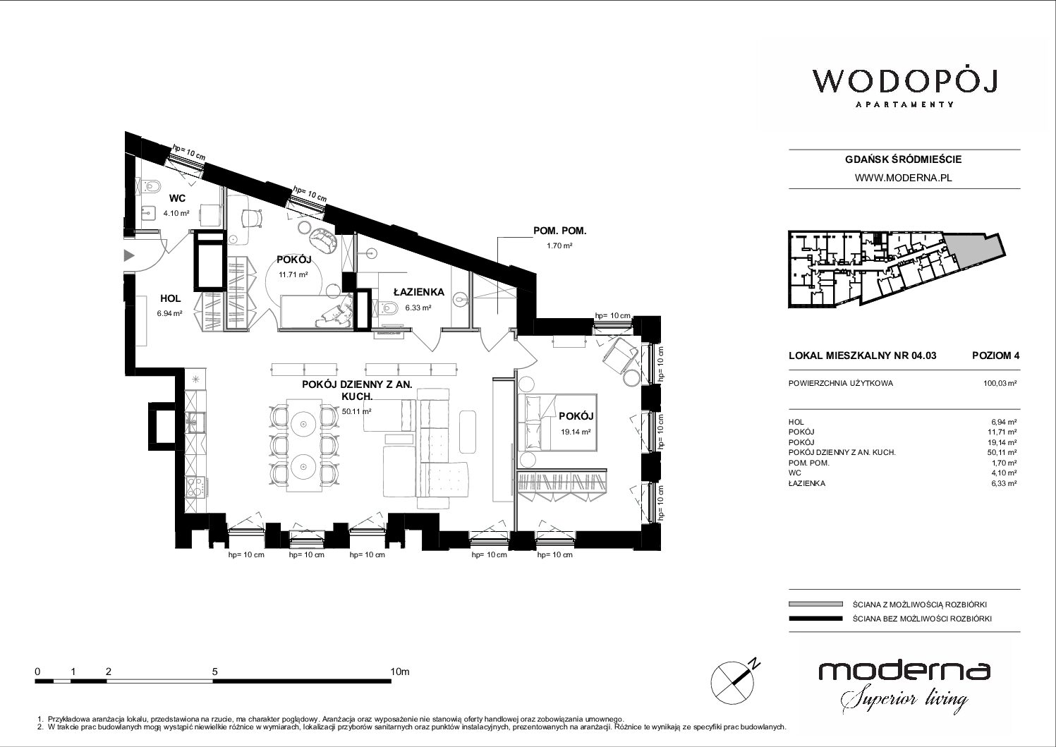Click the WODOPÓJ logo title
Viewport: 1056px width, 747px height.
click(x=905, y=82)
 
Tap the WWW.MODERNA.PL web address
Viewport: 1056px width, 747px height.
click(x=903, y=178)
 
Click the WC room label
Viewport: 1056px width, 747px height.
click(x=177, y=198)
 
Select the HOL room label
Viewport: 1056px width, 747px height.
click(x=170, y=298)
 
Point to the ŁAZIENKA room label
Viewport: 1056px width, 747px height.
click(x=418, y=292)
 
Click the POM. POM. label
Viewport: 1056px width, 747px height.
click(x=559, y=231)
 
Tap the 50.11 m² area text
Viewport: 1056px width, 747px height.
click(x=356, y=411)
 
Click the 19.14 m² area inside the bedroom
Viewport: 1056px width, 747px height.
click(x=576, y=431)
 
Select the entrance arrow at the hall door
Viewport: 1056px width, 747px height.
click(x=128, y=256)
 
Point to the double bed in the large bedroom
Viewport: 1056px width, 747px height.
click(x=558, y=423)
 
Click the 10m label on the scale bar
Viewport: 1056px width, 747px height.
click(x=400, y=672)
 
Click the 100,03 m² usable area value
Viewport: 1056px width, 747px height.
click(x=1000, y=383)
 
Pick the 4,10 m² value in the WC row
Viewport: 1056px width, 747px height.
click(x=1004, y=473)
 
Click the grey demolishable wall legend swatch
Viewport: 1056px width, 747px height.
click(x=815, y=604)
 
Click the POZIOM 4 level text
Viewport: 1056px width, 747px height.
click(x=995, y=356)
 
